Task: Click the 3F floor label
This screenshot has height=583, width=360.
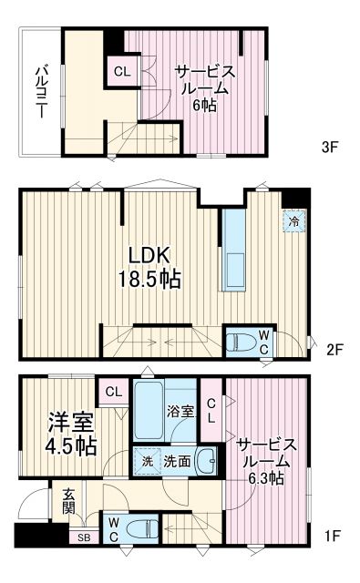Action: [x=330, y=145]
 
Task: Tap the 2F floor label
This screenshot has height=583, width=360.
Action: [x=334, y=348]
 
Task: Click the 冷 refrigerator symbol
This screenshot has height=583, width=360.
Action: [x=293, y=220]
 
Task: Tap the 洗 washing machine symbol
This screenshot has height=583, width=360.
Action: [x=147, y=461]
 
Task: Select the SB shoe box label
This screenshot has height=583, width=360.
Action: [x=83, y=537]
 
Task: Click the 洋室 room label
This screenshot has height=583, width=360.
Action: [x=67, y=424]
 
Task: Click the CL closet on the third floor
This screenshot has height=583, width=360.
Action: [x=121, y=70]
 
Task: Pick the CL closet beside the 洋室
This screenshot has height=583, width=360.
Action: [x=112, y=392]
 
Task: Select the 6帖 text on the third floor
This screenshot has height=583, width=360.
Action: [x=204, y=106]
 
